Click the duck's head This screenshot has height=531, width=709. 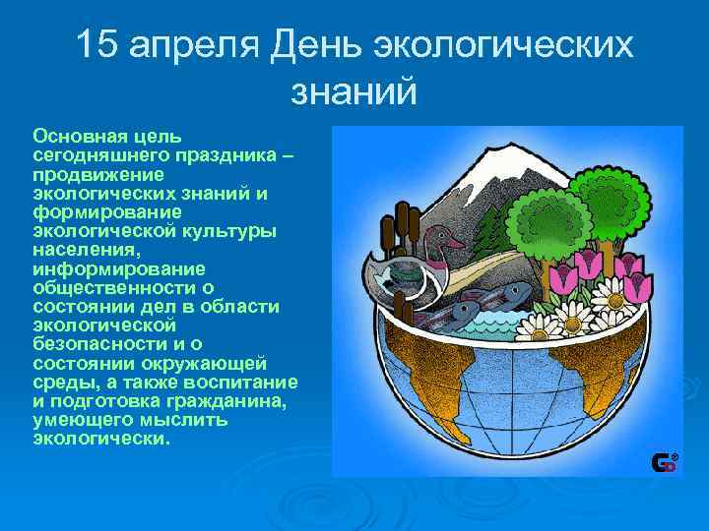[448, 240]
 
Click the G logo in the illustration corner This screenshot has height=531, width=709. [665, 460]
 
